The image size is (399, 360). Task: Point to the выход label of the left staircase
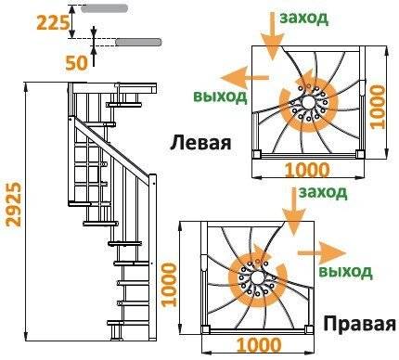tap(220, 96)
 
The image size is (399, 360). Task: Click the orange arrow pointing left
tap(239, 77)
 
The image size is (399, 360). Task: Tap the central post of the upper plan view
tap(304, 98)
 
